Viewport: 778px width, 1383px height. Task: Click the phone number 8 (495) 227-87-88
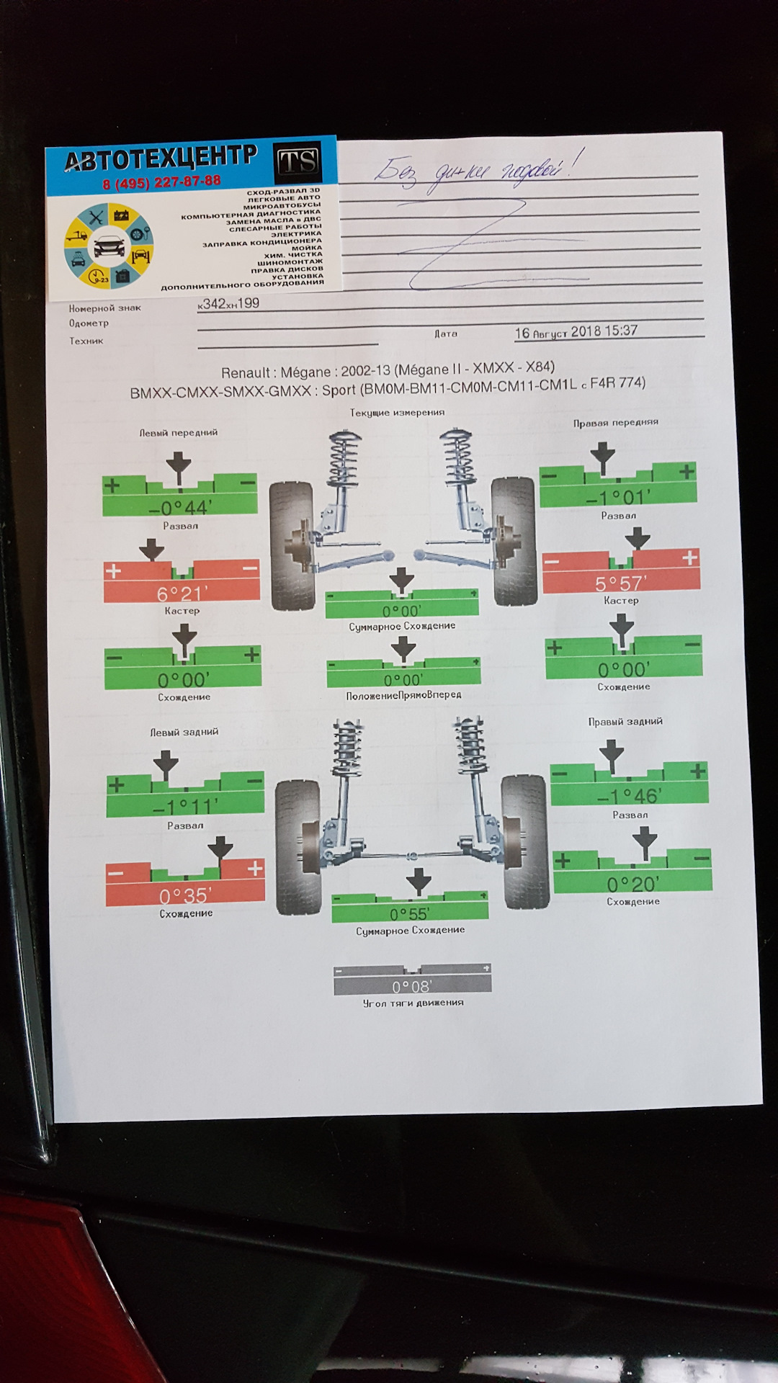[x=161, y=182]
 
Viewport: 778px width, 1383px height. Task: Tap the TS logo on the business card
[x=298, y=161]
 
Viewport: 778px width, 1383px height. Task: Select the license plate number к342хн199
[x=228, y=304]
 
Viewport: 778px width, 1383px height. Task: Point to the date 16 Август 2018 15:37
[x=576, y=332]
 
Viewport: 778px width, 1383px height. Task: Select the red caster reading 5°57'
[x=620, y=583]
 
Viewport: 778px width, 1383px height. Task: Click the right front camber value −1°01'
[x=618, y=497]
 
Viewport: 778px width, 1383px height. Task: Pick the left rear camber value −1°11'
[x=185, y=807]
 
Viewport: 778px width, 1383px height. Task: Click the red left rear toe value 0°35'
[x=185, y=895]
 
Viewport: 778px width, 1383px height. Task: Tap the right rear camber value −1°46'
[x=629, y=796]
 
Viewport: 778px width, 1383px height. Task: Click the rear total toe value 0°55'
[x=410, y=914]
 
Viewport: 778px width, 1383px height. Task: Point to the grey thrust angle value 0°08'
[x=412, y=986]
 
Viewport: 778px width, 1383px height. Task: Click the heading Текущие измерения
[x=397, y=413]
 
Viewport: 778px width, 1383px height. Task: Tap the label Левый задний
[x=184, y=732]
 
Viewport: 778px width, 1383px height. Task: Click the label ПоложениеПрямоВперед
[x=403, y=695]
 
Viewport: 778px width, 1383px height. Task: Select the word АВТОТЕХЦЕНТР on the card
[x=161, y=158]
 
